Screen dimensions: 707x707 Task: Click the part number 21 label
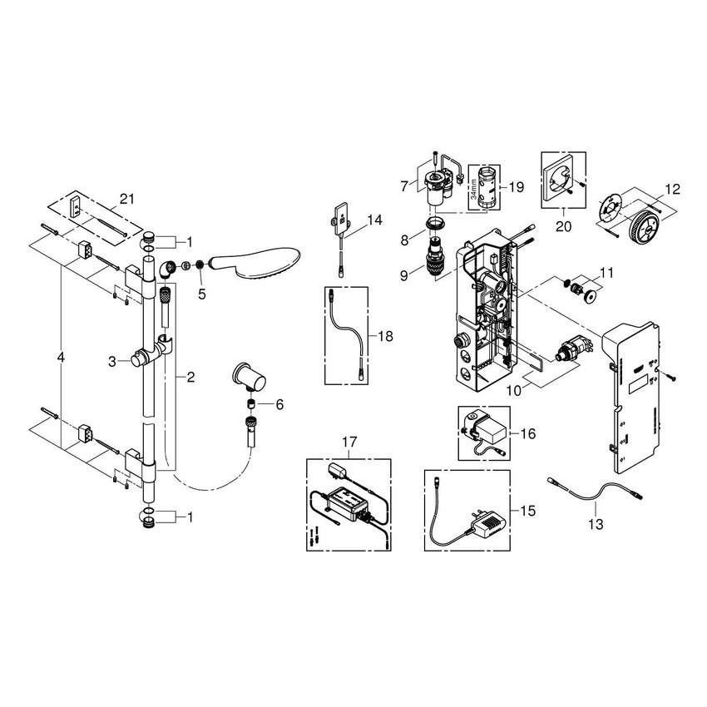[127, 198]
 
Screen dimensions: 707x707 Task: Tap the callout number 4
[60, 357]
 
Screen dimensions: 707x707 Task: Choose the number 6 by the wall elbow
[279, 404]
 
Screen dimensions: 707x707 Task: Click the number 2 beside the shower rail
[190, 378]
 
